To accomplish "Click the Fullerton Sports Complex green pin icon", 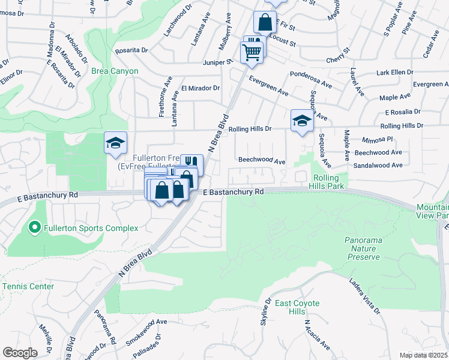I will (x=34, y=228).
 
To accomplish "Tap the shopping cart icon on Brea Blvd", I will (x=252, y=51).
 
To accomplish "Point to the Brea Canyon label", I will (x=115, y=71).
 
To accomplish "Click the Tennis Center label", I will (x=28, y=286).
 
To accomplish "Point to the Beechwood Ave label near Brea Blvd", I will (x=261, y=161).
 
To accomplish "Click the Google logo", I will (x=20, y=353).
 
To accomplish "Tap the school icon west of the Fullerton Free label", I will (x=116, y=143).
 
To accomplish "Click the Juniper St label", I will (x=220, y=62).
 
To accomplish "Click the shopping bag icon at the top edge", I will (x=265, y=23).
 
